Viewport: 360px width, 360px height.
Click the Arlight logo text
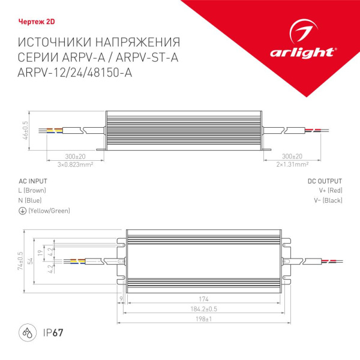(313, 52)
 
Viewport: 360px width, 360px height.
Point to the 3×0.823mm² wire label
(74, 164)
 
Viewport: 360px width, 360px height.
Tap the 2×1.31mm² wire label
(292, 164)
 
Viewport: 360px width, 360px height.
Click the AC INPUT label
(33, 181)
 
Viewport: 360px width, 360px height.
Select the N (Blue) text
(31, 200)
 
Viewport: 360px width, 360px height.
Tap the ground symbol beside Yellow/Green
(22, 211)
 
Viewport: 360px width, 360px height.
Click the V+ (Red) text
(331, 191)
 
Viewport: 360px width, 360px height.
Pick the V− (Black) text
(329, 200)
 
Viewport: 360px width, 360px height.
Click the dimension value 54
(29, 261)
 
